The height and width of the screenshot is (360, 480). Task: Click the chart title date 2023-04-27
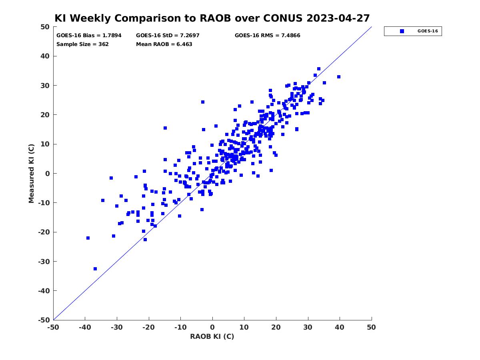pos(338,18)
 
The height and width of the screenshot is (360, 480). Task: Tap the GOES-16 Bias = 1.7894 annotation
pos(89,36)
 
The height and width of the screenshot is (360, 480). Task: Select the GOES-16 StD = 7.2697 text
pos(168,36)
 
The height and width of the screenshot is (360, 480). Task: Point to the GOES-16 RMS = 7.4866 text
pos(268,36)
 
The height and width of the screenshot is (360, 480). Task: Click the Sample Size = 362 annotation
pos(82,44)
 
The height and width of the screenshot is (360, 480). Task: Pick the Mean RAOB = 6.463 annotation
pos(164,44)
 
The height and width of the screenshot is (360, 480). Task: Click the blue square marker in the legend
pos(402,31)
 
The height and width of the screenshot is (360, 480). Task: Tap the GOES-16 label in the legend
pos(428,31)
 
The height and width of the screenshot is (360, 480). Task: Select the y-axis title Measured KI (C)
pos(31,174)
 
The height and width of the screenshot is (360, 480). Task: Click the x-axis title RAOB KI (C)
pos(212,336)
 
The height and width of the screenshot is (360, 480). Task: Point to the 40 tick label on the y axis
pos(45,56)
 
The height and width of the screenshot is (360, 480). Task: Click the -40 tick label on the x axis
pos(85,327)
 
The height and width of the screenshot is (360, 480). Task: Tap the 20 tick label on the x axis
pos(276,327)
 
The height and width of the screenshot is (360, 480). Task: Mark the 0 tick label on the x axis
pos(212,327)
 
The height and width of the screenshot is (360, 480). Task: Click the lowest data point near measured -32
pos(95,269)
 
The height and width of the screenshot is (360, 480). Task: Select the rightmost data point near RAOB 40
pos(339,77)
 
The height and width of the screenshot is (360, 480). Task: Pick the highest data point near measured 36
pos(319,69)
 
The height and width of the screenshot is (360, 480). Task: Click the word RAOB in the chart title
pos(215,18)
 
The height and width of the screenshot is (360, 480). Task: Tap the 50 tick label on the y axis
pos(45,27)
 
